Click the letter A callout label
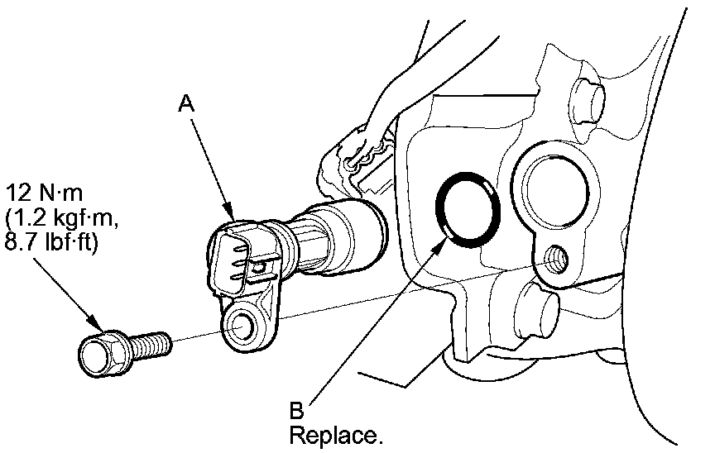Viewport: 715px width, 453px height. coord(188,103)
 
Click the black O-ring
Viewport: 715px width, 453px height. coord(468,211)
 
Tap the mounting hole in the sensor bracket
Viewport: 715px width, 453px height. coord(241,324)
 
